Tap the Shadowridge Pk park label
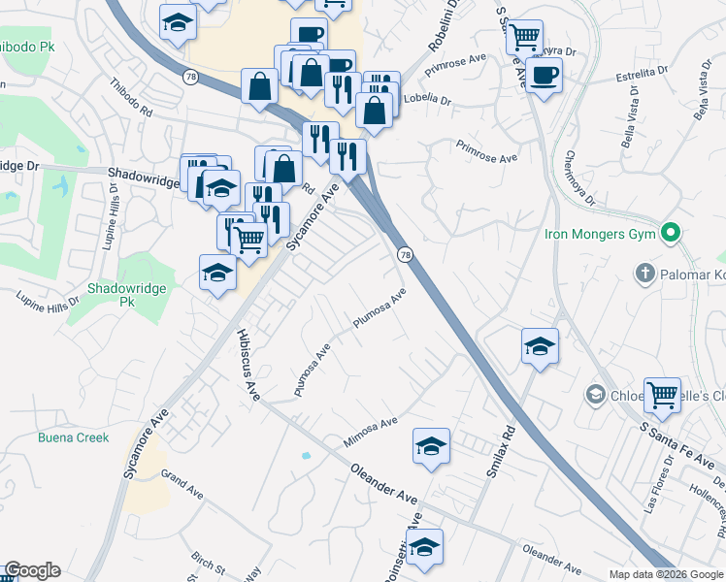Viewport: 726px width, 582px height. (127, 295)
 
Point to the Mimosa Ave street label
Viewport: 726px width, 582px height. (371, 433)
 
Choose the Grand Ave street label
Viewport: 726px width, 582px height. (181, 484)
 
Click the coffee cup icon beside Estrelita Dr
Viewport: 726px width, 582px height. (545, 74)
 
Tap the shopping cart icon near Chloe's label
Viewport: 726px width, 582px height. (662, 394)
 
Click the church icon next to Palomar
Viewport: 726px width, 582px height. (644, 275)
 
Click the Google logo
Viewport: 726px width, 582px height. (32, 570)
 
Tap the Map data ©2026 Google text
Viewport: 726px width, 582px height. (665, 574)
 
